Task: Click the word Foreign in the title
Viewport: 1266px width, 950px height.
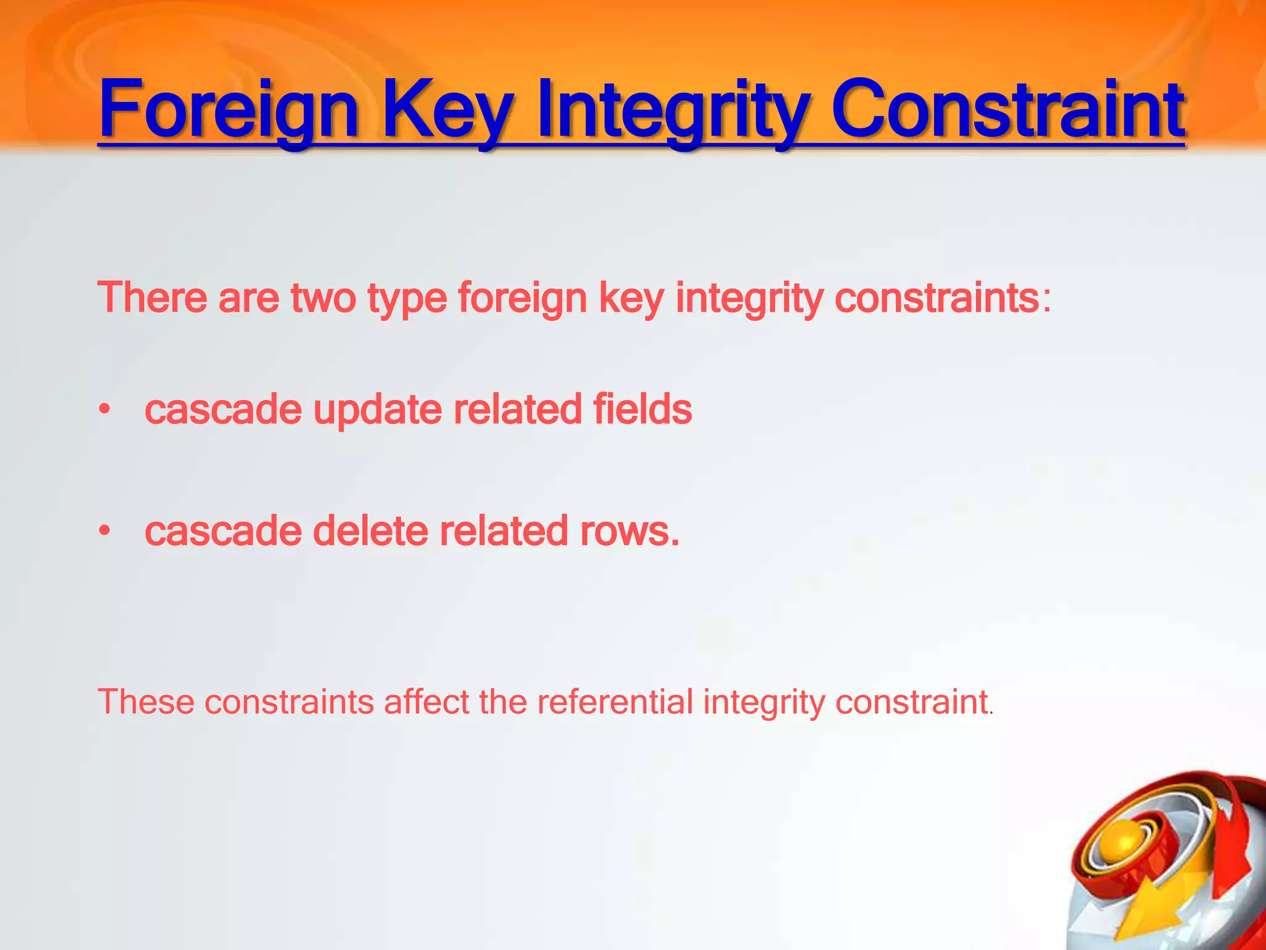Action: [228, 110]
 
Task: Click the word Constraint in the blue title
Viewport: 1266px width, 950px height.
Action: [1008, 110]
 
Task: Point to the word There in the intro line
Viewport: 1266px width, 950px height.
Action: [152, 297]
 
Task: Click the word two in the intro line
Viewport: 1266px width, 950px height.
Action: [323, 297]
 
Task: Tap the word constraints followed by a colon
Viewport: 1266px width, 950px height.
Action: [936, 297]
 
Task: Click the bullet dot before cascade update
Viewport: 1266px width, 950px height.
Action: [105, 409]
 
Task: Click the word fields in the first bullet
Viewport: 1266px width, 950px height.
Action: [642, 409]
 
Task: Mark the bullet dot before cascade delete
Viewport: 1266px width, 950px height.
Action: [105, 531]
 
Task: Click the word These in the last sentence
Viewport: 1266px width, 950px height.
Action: [146, 702]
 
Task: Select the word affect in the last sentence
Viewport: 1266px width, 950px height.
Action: [426, 702]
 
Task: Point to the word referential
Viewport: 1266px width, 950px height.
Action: [615, 702]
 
